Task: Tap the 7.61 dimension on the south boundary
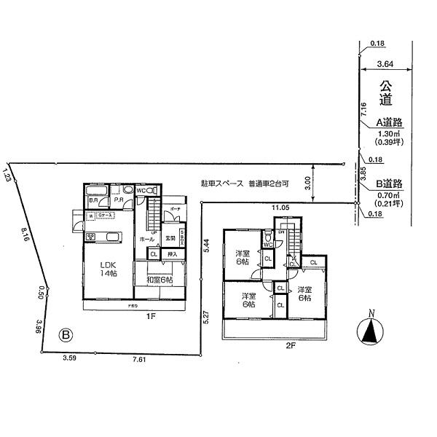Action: (x=139, y=358)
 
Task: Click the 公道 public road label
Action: (x=386, y=95)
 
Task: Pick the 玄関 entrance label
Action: (x=169, y=237)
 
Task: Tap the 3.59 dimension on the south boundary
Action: (x=70, y=358)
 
